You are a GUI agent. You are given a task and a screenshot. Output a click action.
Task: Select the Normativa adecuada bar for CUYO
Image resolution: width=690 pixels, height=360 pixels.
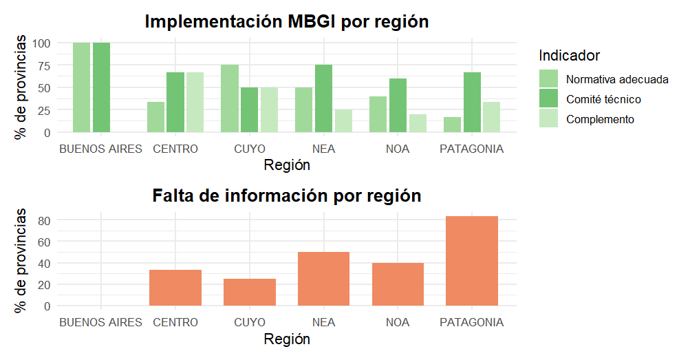point(230,98)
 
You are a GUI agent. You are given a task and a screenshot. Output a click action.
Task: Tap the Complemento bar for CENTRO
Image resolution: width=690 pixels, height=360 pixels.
point(195,102)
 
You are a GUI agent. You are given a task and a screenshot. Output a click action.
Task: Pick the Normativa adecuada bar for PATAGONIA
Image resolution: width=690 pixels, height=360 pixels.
point(452,125)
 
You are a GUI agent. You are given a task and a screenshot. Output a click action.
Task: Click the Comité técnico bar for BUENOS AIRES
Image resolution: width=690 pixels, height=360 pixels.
point(101,87)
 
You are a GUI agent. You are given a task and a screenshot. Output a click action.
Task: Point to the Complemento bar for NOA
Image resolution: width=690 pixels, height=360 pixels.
point(418,123)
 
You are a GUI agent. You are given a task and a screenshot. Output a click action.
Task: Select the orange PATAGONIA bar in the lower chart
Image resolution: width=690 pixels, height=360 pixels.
point(472,261)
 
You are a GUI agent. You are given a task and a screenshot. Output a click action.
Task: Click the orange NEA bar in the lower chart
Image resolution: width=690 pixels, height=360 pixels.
point(324,279)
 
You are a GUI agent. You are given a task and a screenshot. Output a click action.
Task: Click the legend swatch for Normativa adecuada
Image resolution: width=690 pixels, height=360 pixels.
point(549,79)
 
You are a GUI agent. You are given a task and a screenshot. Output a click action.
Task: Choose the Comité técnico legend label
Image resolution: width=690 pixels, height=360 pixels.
point(603,99)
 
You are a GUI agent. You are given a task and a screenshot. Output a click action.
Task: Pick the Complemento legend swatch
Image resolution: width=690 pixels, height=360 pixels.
point(549,119)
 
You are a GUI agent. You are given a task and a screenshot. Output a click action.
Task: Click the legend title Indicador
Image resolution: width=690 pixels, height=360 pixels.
point(570,55)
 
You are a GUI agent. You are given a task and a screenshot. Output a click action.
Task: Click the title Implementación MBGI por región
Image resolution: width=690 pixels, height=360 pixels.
point(287,21)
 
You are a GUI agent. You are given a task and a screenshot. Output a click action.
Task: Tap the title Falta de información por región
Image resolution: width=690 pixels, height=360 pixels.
point(286,195)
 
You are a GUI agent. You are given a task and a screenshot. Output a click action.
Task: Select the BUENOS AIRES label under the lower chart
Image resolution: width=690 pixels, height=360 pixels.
point(101,322)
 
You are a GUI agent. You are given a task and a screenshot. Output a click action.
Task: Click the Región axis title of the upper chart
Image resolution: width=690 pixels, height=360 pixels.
point(287,165)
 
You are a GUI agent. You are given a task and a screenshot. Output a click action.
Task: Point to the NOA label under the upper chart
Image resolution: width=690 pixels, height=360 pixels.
point(398,149)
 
